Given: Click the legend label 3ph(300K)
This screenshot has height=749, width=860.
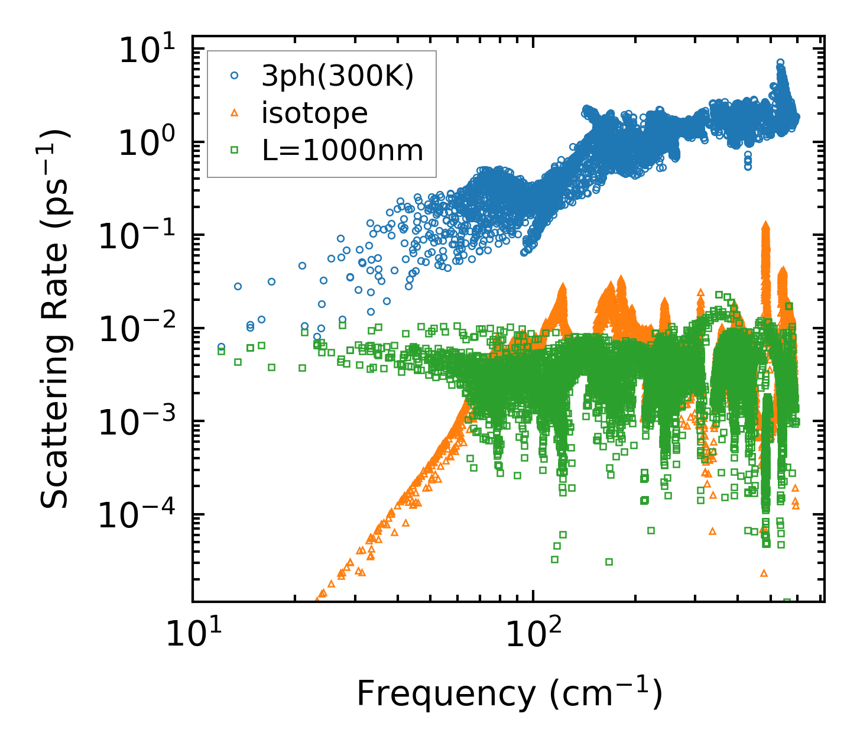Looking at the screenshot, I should tap(337, 76).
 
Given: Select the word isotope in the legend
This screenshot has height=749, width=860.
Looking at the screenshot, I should tap(314, 113).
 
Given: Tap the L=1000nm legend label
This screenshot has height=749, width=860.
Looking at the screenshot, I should tap(343, 150).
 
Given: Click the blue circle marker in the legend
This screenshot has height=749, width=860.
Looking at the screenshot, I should tap(235, 76).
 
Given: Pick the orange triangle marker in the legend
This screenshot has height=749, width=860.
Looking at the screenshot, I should tap(235, 113).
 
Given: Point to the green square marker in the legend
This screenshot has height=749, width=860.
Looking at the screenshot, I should tap(235, 150).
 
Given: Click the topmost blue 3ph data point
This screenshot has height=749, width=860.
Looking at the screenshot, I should tap(780, 62).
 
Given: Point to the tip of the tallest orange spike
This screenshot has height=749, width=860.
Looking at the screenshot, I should tap(766, 225).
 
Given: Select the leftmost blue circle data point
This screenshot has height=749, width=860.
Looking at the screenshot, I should tap(221, 346).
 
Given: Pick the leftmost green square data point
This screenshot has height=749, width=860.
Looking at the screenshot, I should tap(221, 351).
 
